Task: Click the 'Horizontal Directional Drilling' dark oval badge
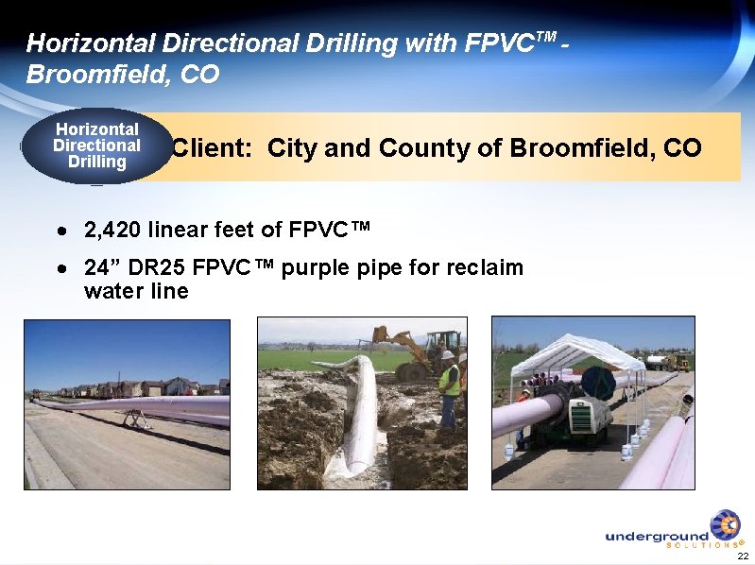[x=96, y=146]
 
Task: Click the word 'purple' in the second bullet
[x=317, y=268]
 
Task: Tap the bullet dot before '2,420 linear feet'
[x=61, y=231]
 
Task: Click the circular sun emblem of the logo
[x=725, y=524]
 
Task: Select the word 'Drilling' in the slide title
[x=336, y=43]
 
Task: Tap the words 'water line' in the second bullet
[x=136, y=291]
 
